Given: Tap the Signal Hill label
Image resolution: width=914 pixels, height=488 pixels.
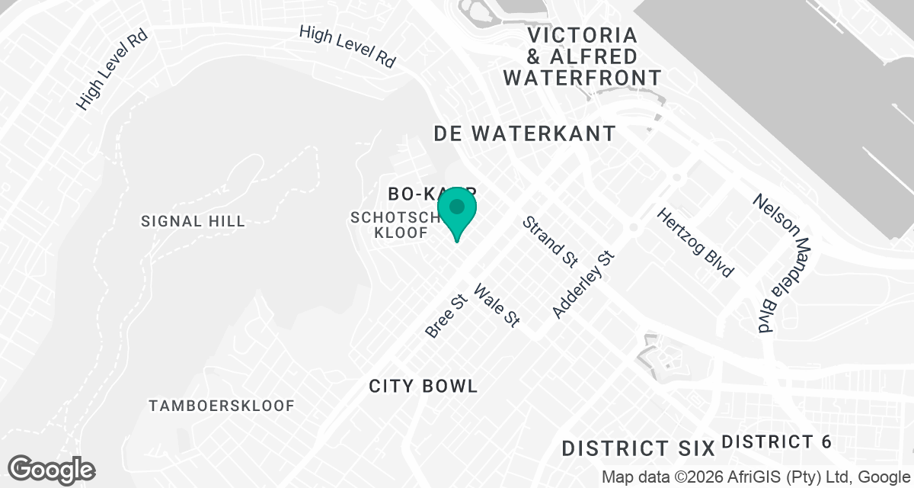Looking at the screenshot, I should (x=193, y=222).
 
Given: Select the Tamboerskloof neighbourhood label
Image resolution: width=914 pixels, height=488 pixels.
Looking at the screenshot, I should (x=222, y=405).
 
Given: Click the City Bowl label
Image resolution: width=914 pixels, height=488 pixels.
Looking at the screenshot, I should (x=423, y=386).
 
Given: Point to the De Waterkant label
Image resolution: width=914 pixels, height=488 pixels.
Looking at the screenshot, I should (x=525, y=133).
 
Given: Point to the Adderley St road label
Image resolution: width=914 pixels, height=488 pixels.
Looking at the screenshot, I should (x=583, y=285).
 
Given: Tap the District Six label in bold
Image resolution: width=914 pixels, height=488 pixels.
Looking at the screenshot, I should (x=638, y=448).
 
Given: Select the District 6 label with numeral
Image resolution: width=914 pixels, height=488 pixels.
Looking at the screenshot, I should (x=775, y=441).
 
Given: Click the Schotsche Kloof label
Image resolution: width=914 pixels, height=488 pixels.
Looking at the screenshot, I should (x=396, y=225).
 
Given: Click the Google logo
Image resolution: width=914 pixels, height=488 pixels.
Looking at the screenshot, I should (x=52, y=469).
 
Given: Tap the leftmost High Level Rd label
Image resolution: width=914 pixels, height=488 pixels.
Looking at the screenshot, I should (x=111, y=71).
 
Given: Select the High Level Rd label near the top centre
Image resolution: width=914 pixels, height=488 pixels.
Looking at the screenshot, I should (x=348, y=46).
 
